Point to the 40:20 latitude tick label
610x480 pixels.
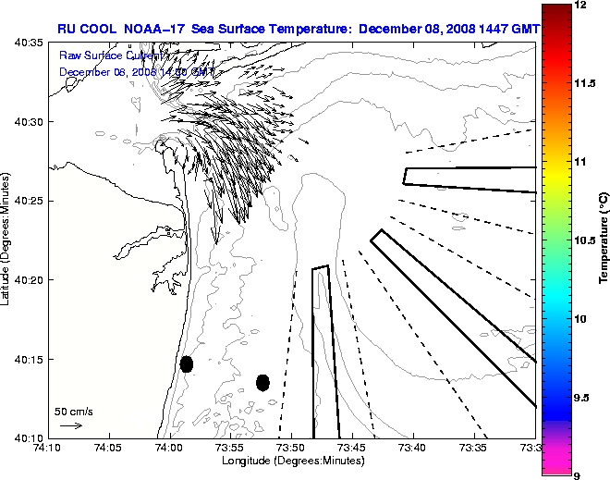(28, 280)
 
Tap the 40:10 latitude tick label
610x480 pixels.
(28, 437)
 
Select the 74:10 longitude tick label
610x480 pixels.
(47, 448)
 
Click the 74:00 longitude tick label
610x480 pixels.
(168, 448)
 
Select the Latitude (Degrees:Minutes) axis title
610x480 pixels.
(6, 240)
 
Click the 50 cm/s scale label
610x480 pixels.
(74, 411)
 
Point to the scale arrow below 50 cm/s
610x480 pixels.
(71, 425)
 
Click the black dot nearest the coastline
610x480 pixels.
(187, 363)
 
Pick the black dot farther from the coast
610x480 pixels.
(262, 382)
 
